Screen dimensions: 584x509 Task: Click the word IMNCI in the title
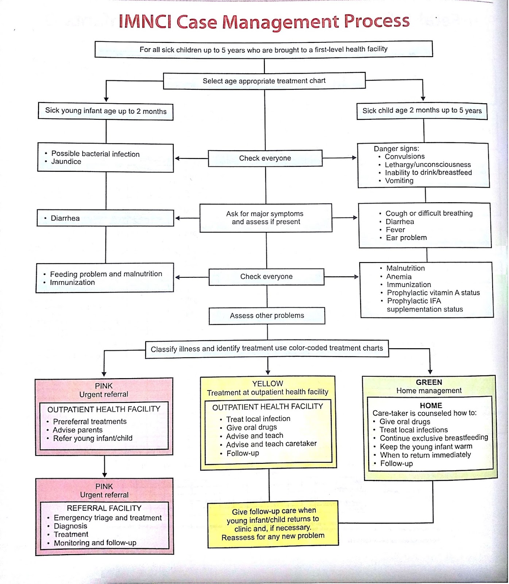[x=145, y=22]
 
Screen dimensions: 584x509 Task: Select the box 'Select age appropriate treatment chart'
[x=264, y=81]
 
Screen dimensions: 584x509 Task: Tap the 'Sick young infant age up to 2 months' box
[x=105, y=111]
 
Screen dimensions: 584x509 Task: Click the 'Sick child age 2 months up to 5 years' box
[x=422, y=111]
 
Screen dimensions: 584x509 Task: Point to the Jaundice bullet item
[x=66, y=162]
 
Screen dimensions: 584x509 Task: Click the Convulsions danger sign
[x=405, y=157]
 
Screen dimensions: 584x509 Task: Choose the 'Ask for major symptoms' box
[x=266, y=218]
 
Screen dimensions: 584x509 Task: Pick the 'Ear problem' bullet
[x=406, y=238]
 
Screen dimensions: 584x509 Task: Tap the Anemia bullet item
[x=399, y=277]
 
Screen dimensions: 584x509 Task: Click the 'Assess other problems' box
[x=267, y=316]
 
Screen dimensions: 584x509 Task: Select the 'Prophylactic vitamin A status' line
[x=433, y=293]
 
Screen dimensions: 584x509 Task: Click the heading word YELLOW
[x=267, y=384]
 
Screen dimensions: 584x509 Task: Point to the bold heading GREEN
[x=429, y=382]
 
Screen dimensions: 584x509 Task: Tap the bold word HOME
[x=431, y=406]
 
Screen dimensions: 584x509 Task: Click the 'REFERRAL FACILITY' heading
[x=104, y=508]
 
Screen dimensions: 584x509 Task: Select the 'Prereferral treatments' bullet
[x=90, y=422]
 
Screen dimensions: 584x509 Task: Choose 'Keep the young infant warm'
[x=426, y=447]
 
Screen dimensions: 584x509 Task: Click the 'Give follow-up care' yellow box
[x=273, y=524]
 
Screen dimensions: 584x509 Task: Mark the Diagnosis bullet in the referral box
[x=70, y=526]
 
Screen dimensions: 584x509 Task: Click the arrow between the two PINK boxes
[x=104, y=467]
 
